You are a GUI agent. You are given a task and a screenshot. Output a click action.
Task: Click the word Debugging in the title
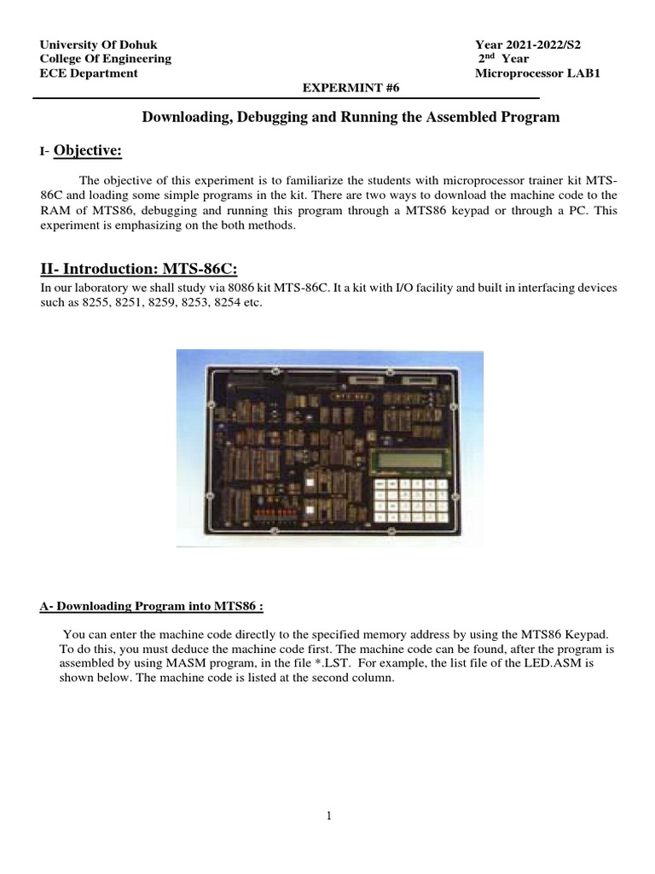(x=258, y=118)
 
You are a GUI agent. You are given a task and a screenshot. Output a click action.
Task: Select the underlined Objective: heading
(x=88, y=151)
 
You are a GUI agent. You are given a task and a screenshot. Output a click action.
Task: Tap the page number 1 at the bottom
(x=328, y=816)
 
